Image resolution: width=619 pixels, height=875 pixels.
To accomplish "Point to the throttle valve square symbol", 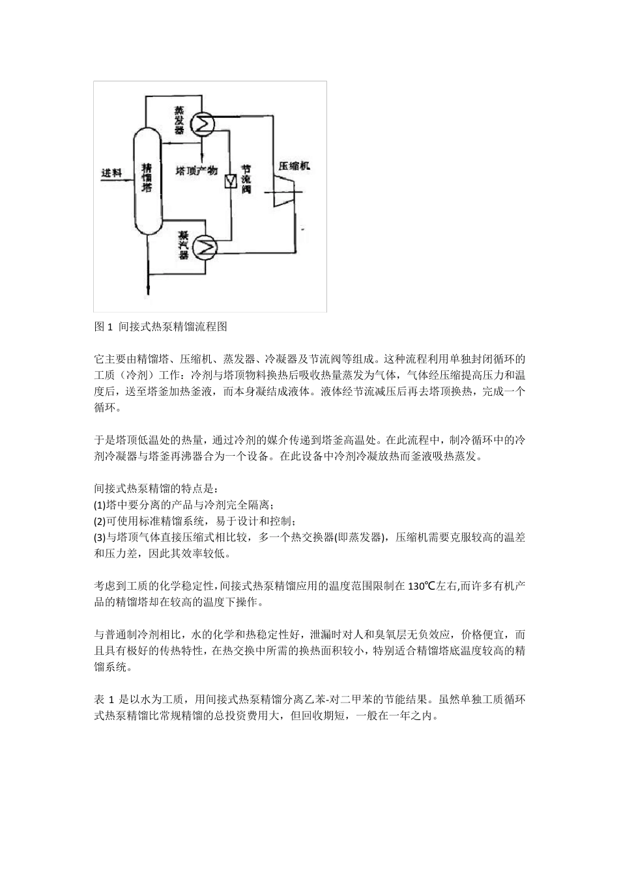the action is (230, 181).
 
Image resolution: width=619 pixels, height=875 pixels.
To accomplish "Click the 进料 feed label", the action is (111, 173).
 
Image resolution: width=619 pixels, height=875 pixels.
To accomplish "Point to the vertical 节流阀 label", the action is (246, 179).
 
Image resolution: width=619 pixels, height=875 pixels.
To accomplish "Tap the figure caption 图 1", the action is (104, 326).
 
